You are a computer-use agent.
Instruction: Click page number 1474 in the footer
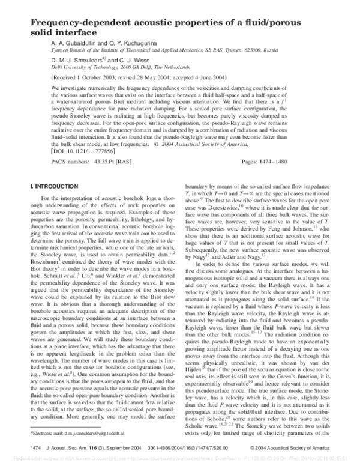click(34, 449)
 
